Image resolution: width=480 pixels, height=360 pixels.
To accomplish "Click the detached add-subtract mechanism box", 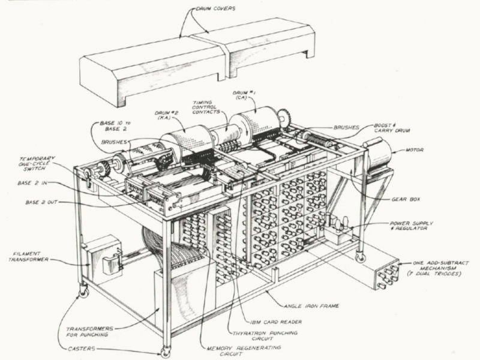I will (x=382, y=274).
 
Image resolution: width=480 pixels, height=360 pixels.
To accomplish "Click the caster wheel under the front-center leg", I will (x=165, y=353).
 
